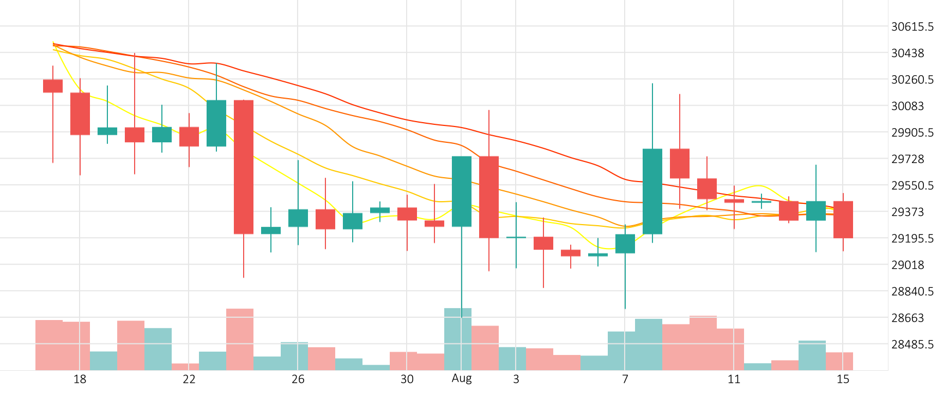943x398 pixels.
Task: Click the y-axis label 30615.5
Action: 911,27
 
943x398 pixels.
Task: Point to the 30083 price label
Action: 907,106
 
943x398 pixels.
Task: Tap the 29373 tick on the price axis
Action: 907,212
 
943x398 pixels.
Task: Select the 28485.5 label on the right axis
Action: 911,345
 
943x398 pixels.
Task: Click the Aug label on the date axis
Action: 461,378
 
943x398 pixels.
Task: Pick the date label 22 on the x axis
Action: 189,379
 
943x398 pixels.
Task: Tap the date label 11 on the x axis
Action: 734,379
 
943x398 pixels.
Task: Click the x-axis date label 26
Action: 298,379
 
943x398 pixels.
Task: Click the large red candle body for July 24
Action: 244,167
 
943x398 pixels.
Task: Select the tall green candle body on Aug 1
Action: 462,191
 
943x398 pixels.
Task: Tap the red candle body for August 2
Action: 489,197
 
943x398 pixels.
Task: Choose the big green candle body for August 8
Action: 652,191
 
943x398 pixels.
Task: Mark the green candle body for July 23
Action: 216,123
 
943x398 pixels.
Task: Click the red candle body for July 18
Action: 80,113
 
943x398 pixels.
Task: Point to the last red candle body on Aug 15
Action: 843,219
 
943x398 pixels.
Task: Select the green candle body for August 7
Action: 625,244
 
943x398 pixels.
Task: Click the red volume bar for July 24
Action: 240,339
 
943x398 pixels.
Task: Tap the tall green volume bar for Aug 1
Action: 458,339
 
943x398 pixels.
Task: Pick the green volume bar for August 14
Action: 812,355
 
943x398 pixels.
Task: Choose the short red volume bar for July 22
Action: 185,367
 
